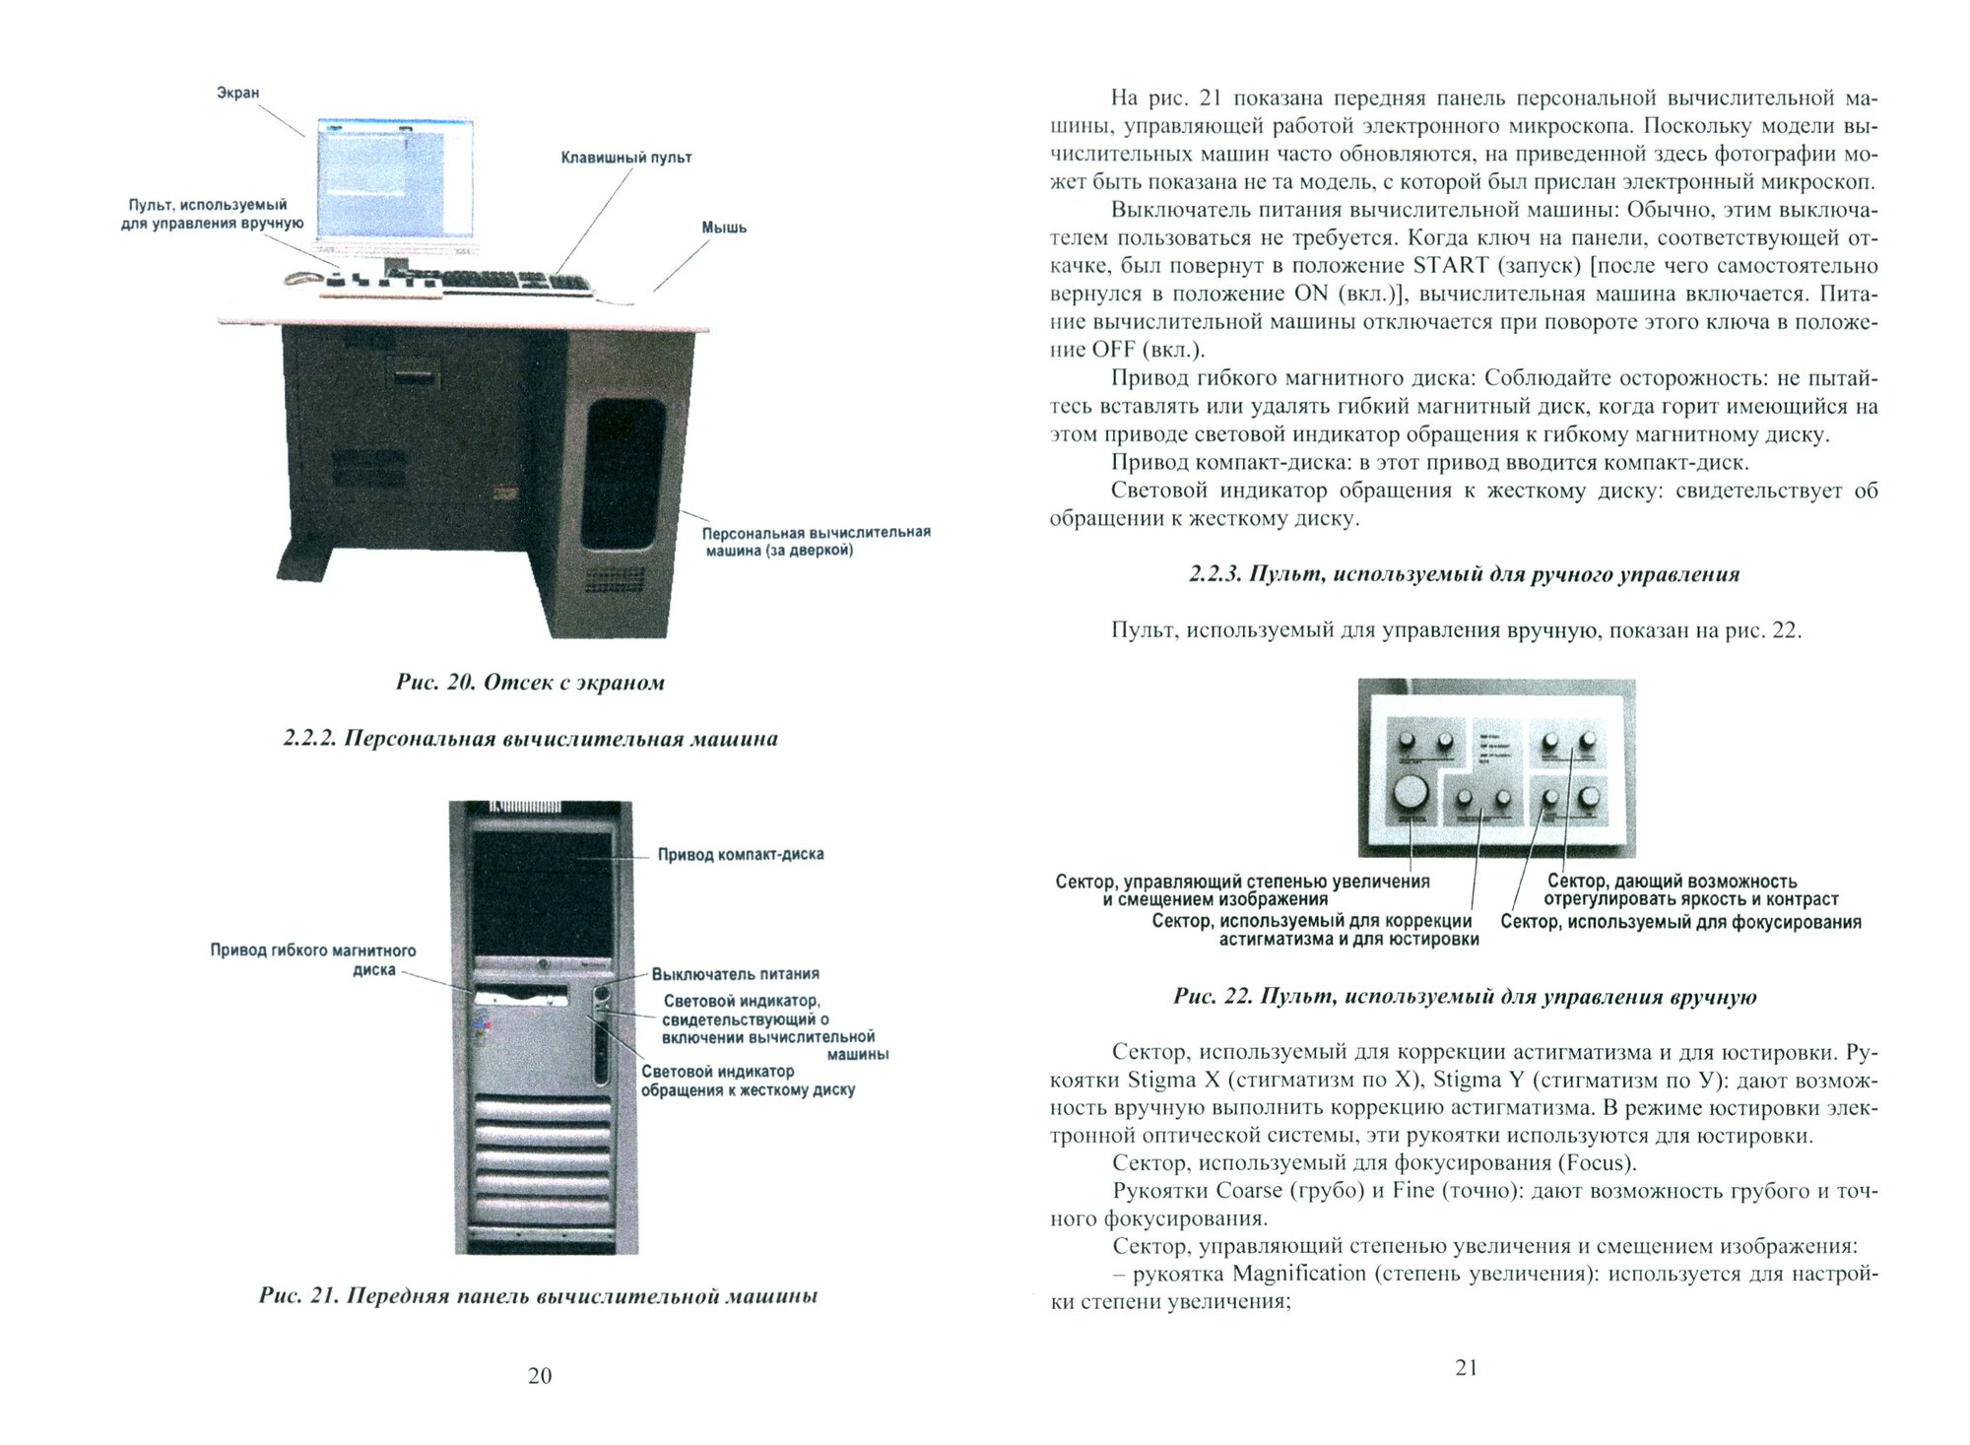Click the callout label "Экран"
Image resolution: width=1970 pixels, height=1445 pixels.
tap(237, 93)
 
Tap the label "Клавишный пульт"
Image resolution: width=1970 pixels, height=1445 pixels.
tap(626, 158)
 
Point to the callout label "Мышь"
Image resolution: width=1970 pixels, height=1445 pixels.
tap(724, 228)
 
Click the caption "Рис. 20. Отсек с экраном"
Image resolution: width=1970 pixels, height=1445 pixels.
tap(530, 683)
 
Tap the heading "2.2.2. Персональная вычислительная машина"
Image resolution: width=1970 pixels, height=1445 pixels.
tap(530, 739)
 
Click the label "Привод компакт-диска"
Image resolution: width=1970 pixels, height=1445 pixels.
tap(741, 854)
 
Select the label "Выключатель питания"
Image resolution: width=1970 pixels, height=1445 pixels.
tap(735, 974)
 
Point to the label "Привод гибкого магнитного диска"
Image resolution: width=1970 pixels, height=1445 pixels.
tap(313, 959)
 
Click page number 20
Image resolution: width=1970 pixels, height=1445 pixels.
tap(540, 1376)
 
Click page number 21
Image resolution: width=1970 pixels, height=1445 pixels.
tap(1466, 1367)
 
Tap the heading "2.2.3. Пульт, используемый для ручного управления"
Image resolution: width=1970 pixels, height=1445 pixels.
tap(1464, 574)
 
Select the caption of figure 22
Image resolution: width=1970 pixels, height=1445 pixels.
tap(1465, 997)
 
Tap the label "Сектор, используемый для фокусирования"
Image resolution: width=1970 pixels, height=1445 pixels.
tap(1680, 922)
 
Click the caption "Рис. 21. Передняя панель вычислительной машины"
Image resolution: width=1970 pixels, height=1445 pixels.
tap(538, 1296)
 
